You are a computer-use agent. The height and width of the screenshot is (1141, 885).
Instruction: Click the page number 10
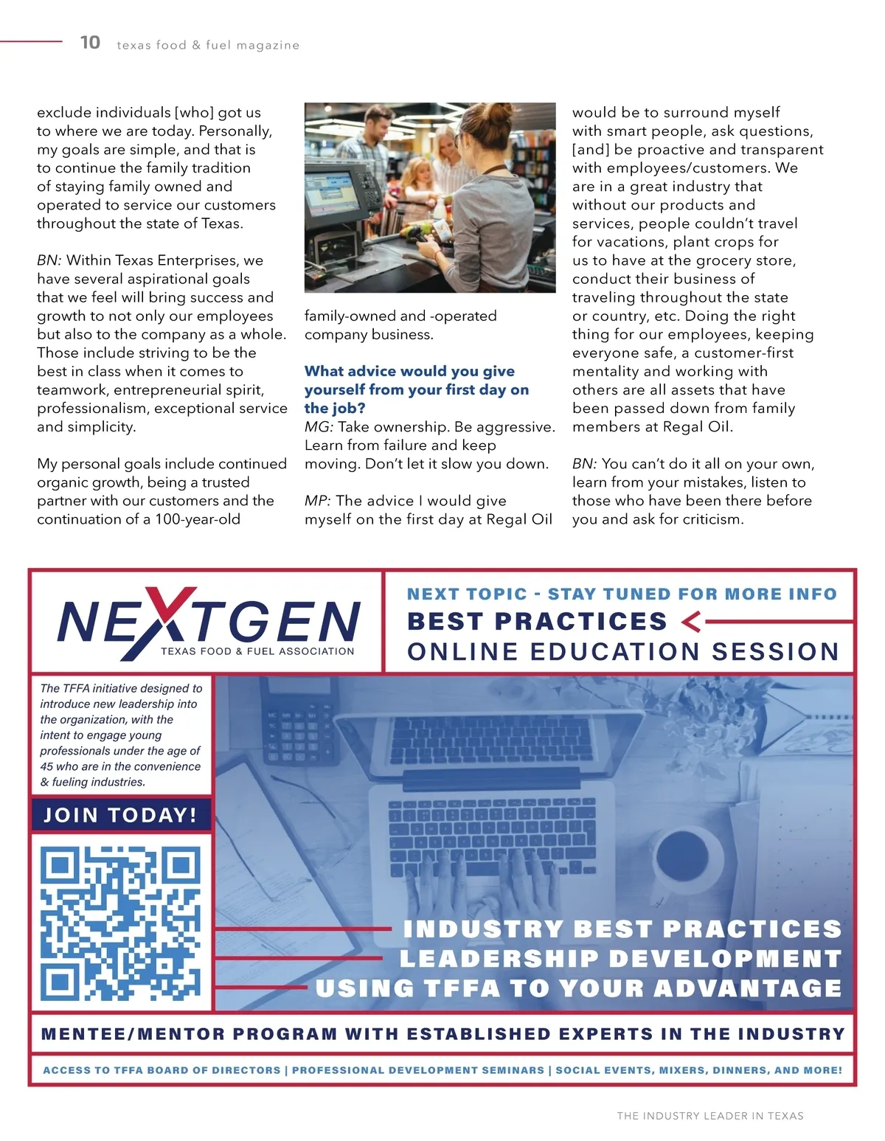coord(90,43)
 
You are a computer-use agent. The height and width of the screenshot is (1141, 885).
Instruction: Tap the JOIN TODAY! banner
coord(121,815)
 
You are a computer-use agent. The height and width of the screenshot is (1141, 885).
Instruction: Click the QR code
coord(121,921)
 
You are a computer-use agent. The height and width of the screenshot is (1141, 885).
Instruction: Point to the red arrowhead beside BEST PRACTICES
coord(691,622)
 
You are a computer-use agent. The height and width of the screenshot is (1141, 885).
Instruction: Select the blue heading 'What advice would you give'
coord(409,371)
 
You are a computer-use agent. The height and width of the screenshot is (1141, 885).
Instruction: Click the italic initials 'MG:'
coord(319,427)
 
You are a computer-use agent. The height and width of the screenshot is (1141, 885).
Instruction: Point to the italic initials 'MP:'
coord(317,501)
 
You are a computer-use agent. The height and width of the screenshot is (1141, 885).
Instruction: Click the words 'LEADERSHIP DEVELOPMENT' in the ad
coord(620,959)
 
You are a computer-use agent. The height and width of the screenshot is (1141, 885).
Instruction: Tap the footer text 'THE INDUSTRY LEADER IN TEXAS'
coord(710,1116)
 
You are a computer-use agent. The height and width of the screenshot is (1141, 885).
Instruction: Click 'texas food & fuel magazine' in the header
coord(208,46)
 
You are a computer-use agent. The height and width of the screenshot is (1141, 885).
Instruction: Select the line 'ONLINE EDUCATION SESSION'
coord(623,652)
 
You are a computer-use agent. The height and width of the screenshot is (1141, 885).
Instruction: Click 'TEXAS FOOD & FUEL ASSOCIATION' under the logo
coord(257,651)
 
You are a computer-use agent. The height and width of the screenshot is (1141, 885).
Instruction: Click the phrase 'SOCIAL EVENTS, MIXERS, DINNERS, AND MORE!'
coord(698,1070)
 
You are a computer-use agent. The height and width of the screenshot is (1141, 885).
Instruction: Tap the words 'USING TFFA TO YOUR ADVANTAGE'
coord(578,988)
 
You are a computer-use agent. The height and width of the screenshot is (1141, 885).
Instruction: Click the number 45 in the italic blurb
coord(46,766)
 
